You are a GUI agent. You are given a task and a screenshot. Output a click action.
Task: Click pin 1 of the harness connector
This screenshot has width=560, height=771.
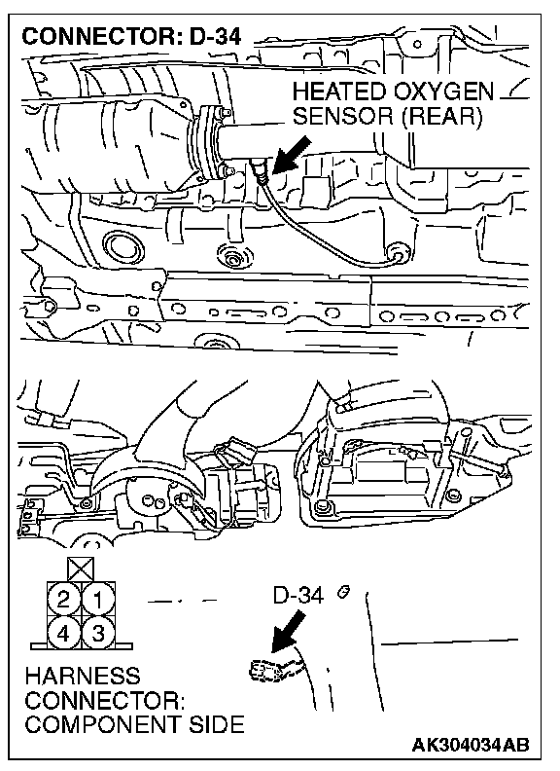click(99, 600)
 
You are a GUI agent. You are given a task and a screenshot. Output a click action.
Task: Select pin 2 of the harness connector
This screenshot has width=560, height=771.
click(64, 600)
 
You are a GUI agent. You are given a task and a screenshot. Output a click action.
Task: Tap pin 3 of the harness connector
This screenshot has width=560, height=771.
click(99, 634)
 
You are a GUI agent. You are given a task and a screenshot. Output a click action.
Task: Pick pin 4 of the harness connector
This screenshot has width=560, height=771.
click(64, 634)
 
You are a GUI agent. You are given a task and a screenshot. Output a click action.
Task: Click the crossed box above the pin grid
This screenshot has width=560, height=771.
click(82, 569)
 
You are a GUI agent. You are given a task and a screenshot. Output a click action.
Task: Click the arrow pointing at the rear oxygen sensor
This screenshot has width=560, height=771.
click(292, 155)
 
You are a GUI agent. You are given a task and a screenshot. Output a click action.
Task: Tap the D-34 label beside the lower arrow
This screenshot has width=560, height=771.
click(298, 596)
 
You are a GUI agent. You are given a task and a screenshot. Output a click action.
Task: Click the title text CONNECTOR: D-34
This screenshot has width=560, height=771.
click(131, 36)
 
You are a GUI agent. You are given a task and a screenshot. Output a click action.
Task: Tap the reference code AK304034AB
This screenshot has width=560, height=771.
click(471, 745)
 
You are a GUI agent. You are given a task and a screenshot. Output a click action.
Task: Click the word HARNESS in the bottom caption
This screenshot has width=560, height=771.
click(83, 676)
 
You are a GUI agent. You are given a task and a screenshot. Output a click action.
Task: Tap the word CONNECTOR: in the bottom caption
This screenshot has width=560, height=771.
click(105, 700)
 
